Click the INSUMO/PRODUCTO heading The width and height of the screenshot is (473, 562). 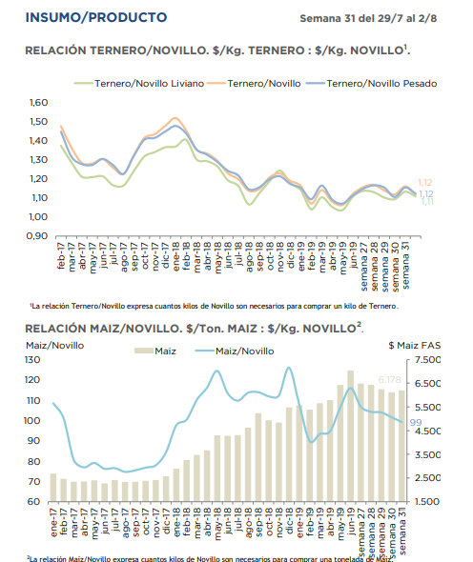(96, 17)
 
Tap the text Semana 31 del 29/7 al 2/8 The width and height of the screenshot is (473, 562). (368, 18)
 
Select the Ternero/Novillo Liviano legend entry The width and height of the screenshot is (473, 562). (139, 84)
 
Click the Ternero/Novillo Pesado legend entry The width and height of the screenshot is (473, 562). (371, 84)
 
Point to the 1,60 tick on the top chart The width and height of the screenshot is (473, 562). (38, 103)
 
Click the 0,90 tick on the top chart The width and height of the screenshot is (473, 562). (37, 236)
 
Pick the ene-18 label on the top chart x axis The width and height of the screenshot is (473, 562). (175, 256)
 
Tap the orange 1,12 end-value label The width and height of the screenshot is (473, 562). (425, 183)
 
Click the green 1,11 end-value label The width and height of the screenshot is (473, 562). (427, 202)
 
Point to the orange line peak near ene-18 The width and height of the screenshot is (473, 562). (175, 118)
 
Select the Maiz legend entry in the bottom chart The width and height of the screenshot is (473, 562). (155, 351)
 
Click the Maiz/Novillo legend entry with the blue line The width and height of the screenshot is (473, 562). (235, 351)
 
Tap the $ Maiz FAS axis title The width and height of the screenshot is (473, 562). (415, 346)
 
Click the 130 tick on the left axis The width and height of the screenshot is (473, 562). (32, 359)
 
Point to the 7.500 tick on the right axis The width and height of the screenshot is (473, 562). (427, 359)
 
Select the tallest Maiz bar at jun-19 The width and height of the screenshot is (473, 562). (351, 436)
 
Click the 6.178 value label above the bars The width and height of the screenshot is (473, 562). (389, 380)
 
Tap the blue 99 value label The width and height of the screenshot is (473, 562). (416, 422)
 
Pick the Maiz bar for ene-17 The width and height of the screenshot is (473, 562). (53, 488)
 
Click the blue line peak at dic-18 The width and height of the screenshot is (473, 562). (289, 368)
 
